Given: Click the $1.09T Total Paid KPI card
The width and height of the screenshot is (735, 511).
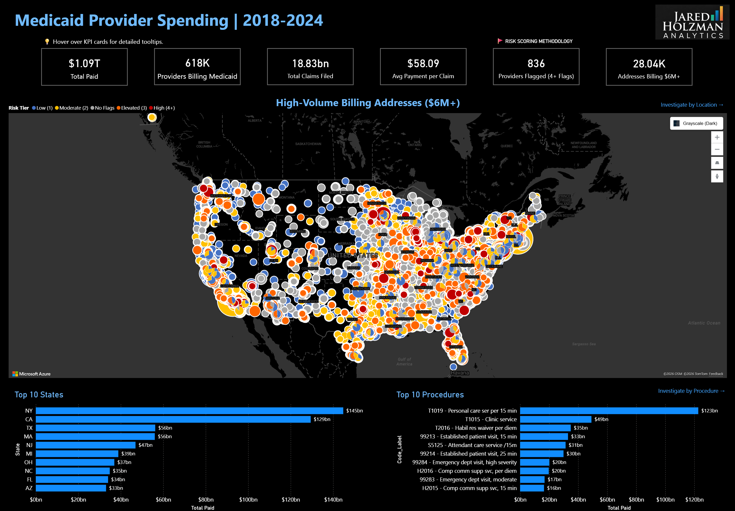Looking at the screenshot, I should click(x=84, y=67).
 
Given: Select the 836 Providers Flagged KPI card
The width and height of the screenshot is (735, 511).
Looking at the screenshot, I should click(x=536, y=67).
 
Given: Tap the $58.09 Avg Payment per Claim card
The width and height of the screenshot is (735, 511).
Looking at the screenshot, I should click(x=423, y=67).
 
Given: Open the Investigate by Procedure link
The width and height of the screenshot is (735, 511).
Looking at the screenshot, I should click(x=691, y=391).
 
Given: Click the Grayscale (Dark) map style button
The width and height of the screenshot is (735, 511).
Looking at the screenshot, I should click(x=696, y=123).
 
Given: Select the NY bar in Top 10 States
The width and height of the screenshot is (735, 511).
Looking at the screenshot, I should click(x=189, y=411).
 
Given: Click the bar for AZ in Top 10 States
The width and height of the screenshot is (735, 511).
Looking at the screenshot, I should click(x=71, y=488).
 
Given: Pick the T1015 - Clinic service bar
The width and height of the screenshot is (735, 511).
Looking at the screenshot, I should click(x=555, y=419).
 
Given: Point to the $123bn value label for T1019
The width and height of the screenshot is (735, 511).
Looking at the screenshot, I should click(x=709, y=411).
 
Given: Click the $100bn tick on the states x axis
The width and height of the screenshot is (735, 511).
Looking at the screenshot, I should click(x=248, y=499).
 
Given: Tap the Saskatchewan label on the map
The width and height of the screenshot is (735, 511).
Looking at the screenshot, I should click(x=308, y=144).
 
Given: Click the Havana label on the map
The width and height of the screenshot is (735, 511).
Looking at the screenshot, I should click(x=460, y=373).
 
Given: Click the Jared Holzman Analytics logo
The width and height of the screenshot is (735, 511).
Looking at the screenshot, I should click(x=692, y=22).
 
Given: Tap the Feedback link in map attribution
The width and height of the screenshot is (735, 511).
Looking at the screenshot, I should click(x=716, y=374).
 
